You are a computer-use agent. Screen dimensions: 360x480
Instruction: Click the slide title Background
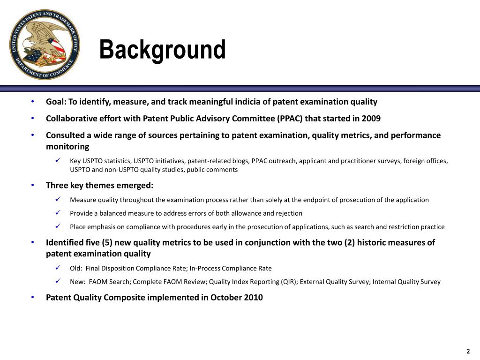162,50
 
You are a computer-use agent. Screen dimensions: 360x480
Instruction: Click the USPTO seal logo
45,45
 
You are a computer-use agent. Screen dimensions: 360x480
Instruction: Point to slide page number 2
468,352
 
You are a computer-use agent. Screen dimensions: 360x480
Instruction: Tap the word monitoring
67,146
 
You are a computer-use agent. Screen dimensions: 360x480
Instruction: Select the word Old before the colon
76,268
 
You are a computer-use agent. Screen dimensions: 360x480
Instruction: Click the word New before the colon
77,282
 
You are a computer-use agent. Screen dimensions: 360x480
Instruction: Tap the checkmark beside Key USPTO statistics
58,160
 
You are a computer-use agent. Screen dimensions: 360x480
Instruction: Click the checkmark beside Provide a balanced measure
58,213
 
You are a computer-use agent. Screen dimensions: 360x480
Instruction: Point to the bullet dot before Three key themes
33,185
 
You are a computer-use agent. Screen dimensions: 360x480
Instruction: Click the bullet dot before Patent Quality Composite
33,297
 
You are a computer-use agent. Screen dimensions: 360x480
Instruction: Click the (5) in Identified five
108,242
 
